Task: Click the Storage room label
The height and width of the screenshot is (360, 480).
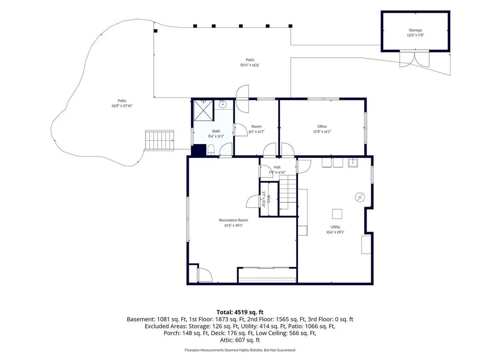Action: pos(415,30)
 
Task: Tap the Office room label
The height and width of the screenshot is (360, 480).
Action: pos(322,126)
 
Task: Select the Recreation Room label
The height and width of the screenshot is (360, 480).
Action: pos(233,220)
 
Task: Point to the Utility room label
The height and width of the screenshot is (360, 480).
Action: pos(335,227)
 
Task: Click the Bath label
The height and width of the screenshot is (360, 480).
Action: pos(216,131)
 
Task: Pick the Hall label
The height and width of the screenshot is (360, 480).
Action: pos(277,167)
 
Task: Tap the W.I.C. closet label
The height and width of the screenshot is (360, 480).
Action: pos(268,199)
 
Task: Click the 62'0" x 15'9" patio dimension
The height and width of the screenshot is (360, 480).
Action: pos(250,65)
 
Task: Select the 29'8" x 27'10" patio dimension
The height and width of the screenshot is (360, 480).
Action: pos(122,106)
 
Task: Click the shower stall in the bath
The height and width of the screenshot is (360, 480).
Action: pos(203,110)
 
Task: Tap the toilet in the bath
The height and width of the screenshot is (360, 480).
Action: pos(211,150)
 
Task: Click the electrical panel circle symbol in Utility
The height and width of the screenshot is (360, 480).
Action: pos(360,197)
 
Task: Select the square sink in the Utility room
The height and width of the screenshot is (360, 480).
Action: pos(353,163)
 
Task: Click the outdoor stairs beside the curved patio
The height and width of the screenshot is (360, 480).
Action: pos(160,140)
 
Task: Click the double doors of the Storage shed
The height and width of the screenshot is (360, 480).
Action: pos(414,58)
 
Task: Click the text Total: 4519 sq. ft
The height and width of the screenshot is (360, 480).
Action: pos(240,312)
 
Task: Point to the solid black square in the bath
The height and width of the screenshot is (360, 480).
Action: pos(199,150)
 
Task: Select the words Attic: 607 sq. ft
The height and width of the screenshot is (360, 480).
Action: pos(240,340)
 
